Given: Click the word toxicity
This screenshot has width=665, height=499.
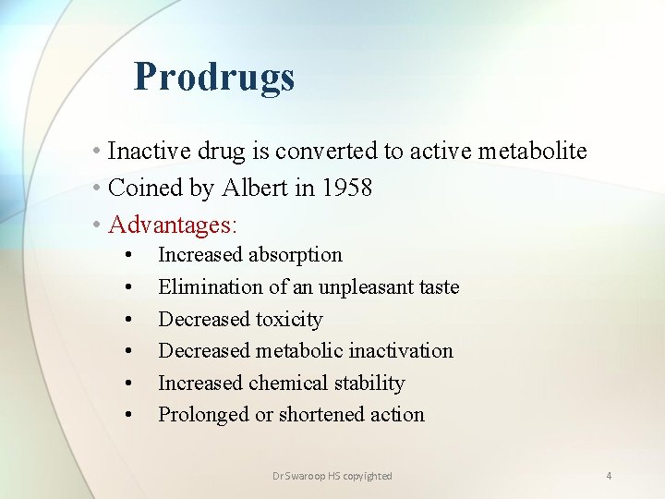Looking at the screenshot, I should [x=289, y=320].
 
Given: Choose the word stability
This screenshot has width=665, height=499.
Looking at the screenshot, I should [x=370, y=383].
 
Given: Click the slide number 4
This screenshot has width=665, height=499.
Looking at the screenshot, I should [x=609, y=476].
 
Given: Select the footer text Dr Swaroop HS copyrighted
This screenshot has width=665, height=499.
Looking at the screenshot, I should [x=332, y=476].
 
